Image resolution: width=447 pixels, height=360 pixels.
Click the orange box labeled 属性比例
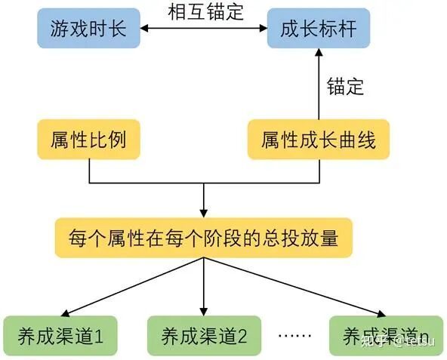tap(89, 140)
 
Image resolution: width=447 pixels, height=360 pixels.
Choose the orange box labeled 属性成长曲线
tap(318, 140)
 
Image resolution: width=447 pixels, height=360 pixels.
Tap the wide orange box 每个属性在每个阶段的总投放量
tap(203, 238)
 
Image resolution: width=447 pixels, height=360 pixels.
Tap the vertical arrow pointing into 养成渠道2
tap(204, 287)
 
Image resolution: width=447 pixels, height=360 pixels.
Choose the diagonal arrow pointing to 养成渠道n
tap(294, 287)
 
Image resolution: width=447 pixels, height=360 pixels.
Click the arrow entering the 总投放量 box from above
tap(204, 202)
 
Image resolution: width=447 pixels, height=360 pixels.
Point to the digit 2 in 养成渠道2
tap(242, 336)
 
